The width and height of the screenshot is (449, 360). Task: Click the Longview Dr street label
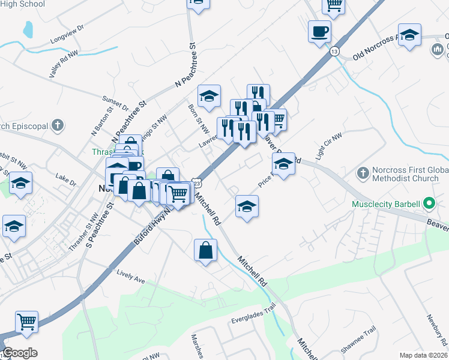tap(67, 35)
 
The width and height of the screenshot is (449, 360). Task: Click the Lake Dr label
tap(65, 179)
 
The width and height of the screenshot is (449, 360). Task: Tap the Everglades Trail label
tap(253, 314)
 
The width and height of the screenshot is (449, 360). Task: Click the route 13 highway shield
tap(334, 52)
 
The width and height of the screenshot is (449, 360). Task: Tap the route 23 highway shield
tap(197, 182)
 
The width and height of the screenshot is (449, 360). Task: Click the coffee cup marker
tap(319, 30)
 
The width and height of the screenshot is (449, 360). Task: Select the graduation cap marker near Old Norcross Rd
tap(409, 35)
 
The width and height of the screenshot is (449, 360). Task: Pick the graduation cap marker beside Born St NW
tap(209, 95)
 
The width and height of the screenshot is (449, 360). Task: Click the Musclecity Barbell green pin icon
tap(428, 203)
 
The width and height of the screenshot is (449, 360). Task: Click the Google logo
tap(19, 353)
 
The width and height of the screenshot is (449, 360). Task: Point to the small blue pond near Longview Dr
tap(28, 28)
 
